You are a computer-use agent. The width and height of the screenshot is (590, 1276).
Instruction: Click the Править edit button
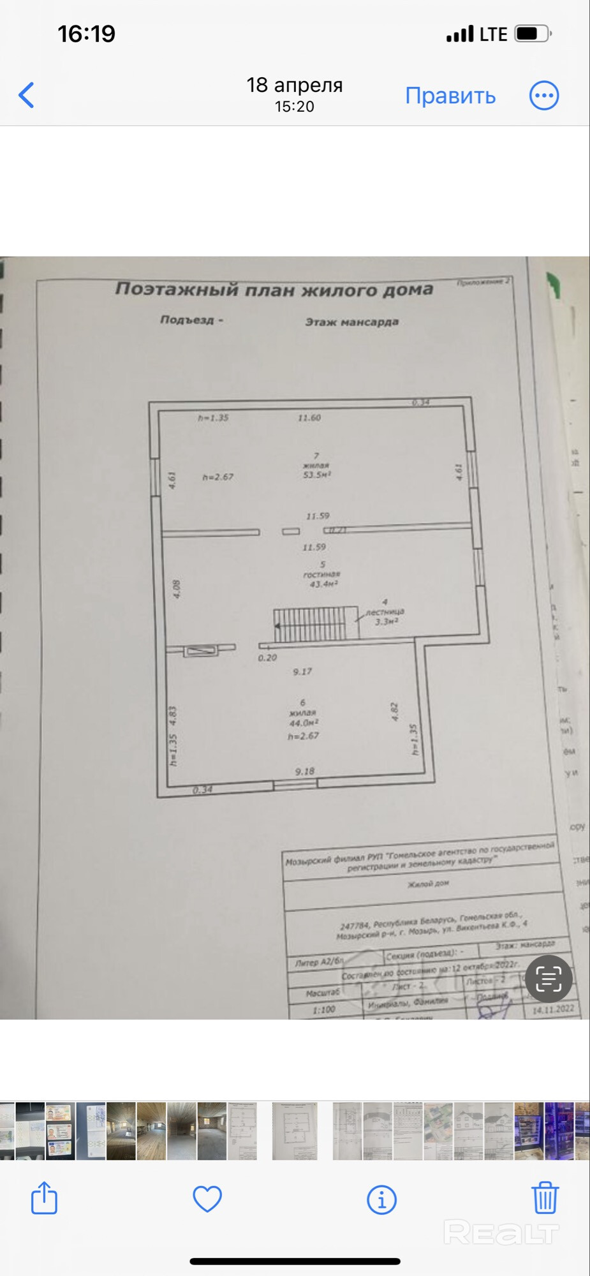450,96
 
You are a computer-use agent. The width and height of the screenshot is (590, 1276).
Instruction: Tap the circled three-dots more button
544,96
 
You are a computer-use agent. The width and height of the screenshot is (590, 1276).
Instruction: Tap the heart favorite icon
207,1199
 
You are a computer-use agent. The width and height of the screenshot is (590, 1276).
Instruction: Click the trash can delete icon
545,1198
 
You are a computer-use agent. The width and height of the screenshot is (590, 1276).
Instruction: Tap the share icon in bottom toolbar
45,1198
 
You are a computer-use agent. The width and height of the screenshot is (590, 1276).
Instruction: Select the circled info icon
381,1199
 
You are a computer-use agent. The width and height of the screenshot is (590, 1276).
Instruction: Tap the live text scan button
549,979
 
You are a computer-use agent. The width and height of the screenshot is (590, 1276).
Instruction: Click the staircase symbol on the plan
313,624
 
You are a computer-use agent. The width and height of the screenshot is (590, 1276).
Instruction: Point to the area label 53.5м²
317,475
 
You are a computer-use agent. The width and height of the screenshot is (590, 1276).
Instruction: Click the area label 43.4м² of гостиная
323,584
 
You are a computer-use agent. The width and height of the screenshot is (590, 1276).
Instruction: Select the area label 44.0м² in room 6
304,723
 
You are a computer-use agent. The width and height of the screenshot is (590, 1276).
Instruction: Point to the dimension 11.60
309,418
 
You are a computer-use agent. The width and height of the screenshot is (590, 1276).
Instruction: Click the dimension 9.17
302,671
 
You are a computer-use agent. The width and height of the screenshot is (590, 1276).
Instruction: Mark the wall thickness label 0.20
267,658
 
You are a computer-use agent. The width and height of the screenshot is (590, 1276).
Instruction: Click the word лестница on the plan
385,612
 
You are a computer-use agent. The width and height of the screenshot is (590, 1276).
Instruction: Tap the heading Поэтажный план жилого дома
274,290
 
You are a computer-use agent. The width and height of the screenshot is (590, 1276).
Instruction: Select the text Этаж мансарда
351,322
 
